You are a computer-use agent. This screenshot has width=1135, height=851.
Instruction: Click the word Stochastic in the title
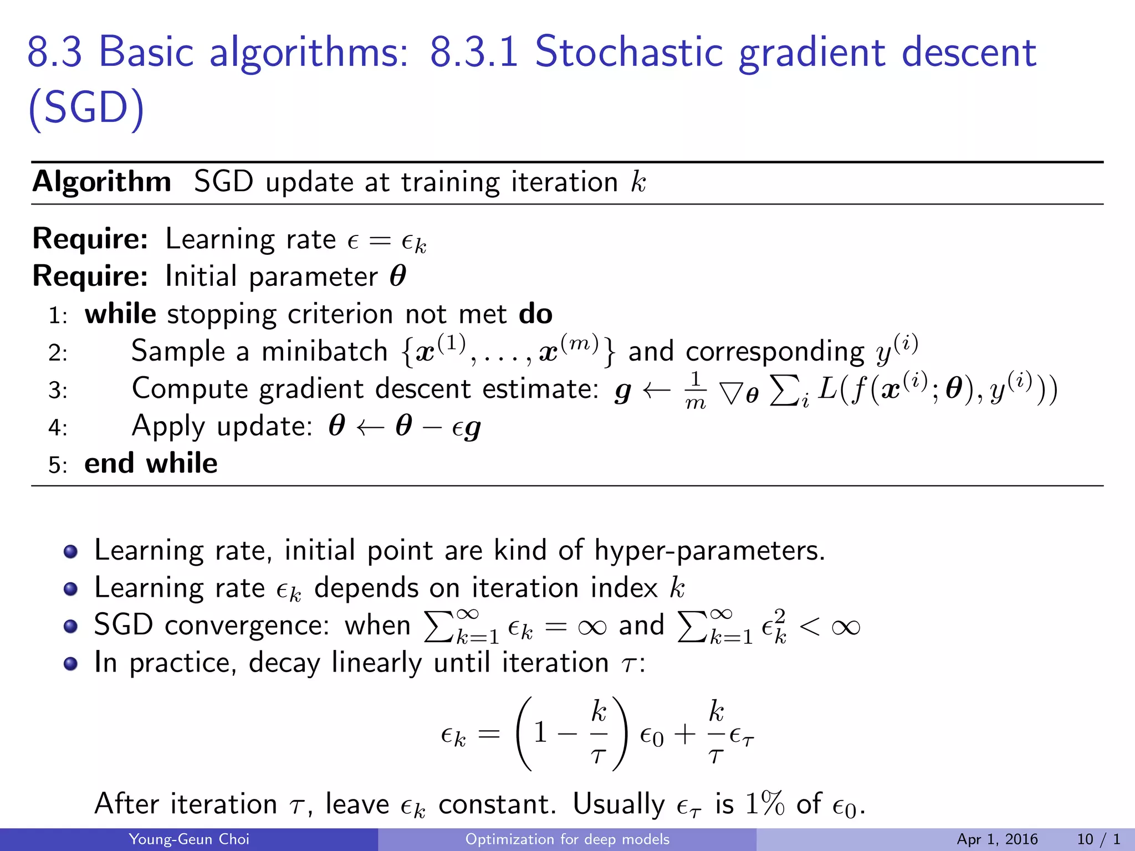(628, 52)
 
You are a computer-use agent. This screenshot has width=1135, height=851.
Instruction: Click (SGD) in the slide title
(86, 107)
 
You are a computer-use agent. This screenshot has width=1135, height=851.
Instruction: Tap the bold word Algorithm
(102, 182)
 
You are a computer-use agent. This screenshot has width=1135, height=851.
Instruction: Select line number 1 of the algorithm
(57, 316)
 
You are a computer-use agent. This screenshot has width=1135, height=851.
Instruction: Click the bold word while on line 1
(120, 314)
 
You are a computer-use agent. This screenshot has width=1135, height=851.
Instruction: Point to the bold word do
(535, 314)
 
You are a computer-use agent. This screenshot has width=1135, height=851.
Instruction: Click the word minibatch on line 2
(324, 351)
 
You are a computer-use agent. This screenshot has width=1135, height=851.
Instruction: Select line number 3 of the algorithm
(57, 391)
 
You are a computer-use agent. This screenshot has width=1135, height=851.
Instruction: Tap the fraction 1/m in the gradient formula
(696, 389)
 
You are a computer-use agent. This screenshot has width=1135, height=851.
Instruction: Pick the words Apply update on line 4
(222, 426)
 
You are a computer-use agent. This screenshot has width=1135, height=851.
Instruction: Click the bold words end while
(151, 463)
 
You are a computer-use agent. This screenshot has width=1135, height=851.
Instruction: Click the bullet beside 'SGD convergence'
(70, 626)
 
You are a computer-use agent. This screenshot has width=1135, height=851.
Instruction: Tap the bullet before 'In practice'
(70, 663)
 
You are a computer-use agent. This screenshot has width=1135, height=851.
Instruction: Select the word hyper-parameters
(709, 551)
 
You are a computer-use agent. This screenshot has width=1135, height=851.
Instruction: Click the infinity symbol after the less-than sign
(845, 627)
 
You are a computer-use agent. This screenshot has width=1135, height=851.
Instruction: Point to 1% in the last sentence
(765, 803)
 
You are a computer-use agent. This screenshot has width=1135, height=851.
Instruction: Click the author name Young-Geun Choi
(188, 839)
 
